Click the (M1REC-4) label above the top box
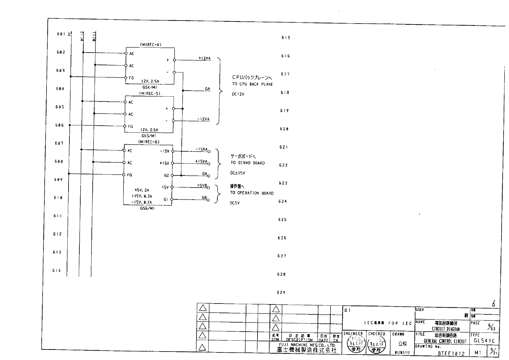151,45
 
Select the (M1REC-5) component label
149,94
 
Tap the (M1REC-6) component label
149,142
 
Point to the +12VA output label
204,58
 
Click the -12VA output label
203,119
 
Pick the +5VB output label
202,185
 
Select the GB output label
204,198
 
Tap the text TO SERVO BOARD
248,163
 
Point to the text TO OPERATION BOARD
252,193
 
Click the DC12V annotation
238,94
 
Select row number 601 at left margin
61,34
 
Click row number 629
281,292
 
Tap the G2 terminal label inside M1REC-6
166,175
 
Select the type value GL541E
484,341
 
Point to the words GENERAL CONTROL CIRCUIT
445,341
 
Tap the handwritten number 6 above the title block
494,304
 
